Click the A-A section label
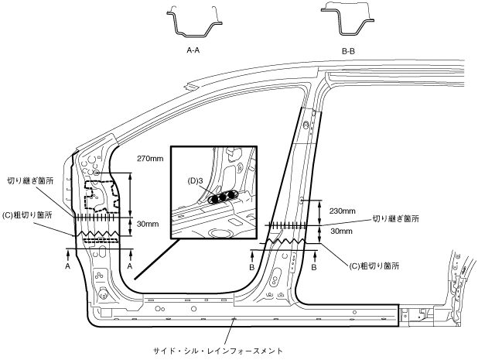pyautogui.click(x=194, y=49)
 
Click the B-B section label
pyautogui.click(x=347, y=49)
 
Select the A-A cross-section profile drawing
pyautogui.click(x=194, y=22)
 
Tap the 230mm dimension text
pyautogui.click(x=343, y=211)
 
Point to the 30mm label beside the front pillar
pyautogui.click(x=146, y=225)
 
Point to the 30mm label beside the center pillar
pyautogui.click(x=341, y=231)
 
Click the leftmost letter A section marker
pyautogui.click(x=69, y=265)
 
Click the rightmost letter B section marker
pyautogui.click(x=315, y=266)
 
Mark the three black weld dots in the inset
pyautogui.click(x=221, y=197)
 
